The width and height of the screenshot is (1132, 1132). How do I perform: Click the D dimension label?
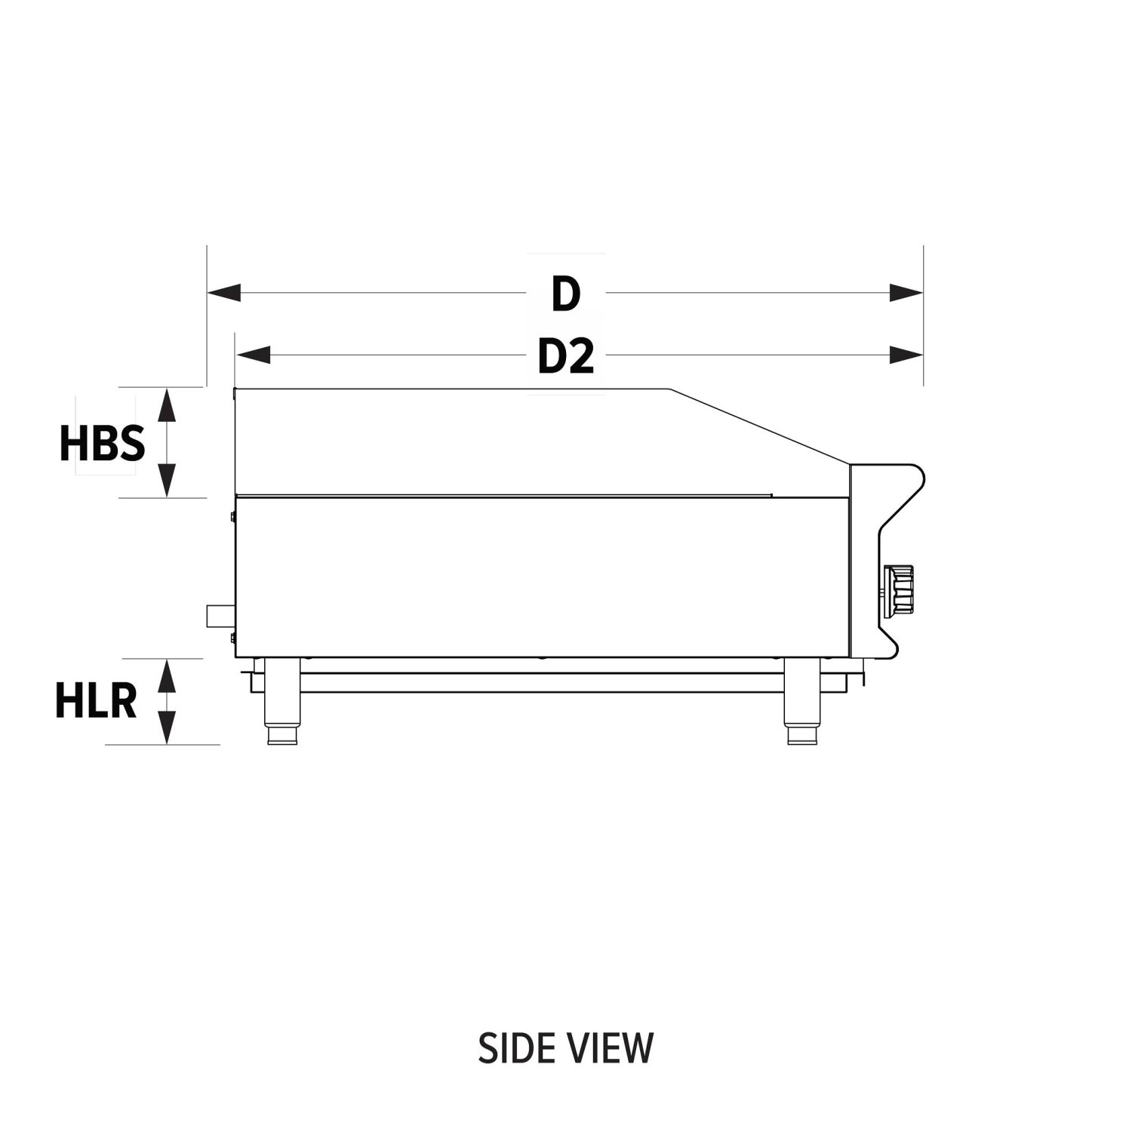[x=565, y=294]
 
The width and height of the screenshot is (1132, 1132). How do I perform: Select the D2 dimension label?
[x=566, y=356]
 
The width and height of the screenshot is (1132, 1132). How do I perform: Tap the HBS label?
[x=102, y=443]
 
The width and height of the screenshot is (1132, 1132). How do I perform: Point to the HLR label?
[x=96, y=701]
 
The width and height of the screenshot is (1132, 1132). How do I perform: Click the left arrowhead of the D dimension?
[x=224, y=293]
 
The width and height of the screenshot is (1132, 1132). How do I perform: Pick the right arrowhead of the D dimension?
[x=906, y=293]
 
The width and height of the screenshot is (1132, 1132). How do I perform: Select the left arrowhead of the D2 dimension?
[x=253, y=355]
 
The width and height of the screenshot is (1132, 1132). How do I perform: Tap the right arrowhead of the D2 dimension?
[x=906, y=355]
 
